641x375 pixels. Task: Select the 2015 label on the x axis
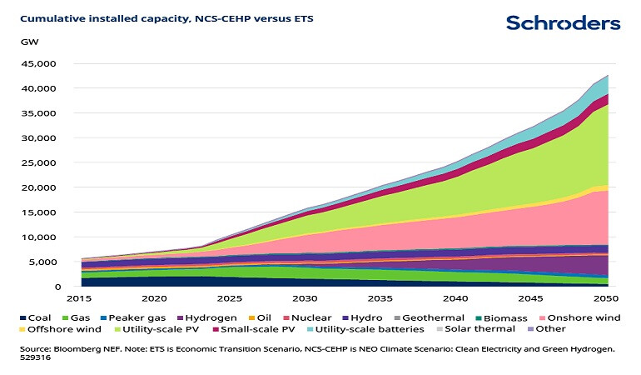coord(81,298)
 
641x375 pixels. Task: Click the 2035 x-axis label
coord(380,298)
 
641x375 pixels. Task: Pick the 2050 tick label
coord(607,298)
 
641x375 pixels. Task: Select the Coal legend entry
coord(34,318)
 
